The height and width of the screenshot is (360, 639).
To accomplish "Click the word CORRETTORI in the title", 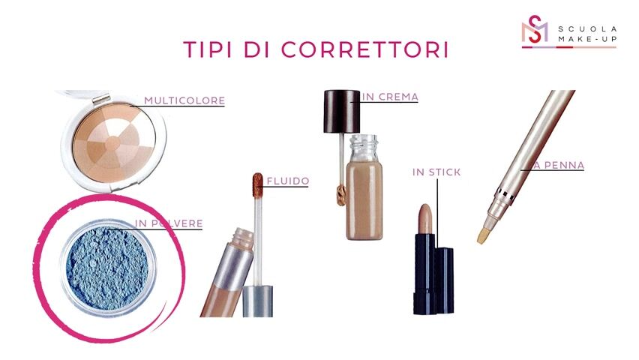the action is pyautogui.click(x=364, y=49).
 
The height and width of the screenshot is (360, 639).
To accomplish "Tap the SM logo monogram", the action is pyautogui.click(x=535, y=29).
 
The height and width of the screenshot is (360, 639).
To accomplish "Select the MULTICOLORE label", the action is pyautogui.click(x=184, y=100).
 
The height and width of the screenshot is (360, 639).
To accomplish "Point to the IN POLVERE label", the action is pyautogui.click(x=169, y=223).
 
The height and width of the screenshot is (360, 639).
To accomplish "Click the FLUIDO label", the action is pyautogui.click(x=288, y=181).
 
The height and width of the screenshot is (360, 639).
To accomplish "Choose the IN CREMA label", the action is pyautogui.click(x=390, y=97).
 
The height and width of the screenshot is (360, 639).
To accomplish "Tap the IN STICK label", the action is pyautogui.click(x=436, y=172).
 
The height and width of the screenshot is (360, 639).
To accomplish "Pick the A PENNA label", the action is pyautogui.click(x=559, y=165).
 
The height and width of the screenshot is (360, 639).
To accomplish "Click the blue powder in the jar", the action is pyautogui.click(x=107, y=266).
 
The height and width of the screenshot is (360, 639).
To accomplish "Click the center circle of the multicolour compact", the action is pyautogui.click(x=113, y=143).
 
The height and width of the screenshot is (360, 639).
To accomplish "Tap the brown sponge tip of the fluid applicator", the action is pyautogui.click(x=257, y=184).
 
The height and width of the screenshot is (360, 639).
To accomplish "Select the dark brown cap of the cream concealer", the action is pyautogui.click(x=342, y=111).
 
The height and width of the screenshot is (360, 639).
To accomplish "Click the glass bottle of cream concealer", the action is pyautogui.click(x=364, y=187).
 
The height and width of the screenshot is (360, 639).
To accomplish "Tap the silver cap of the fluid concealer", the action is pyautogui.click(x=258, y=301).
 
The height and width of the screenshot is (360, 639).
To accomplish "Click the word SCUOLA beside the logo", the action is pyautogui.click(x=587, y=29).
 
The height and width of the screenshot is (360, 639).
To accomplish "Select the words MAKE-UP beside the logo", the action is pyautogui.click(x=587, y=39).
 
